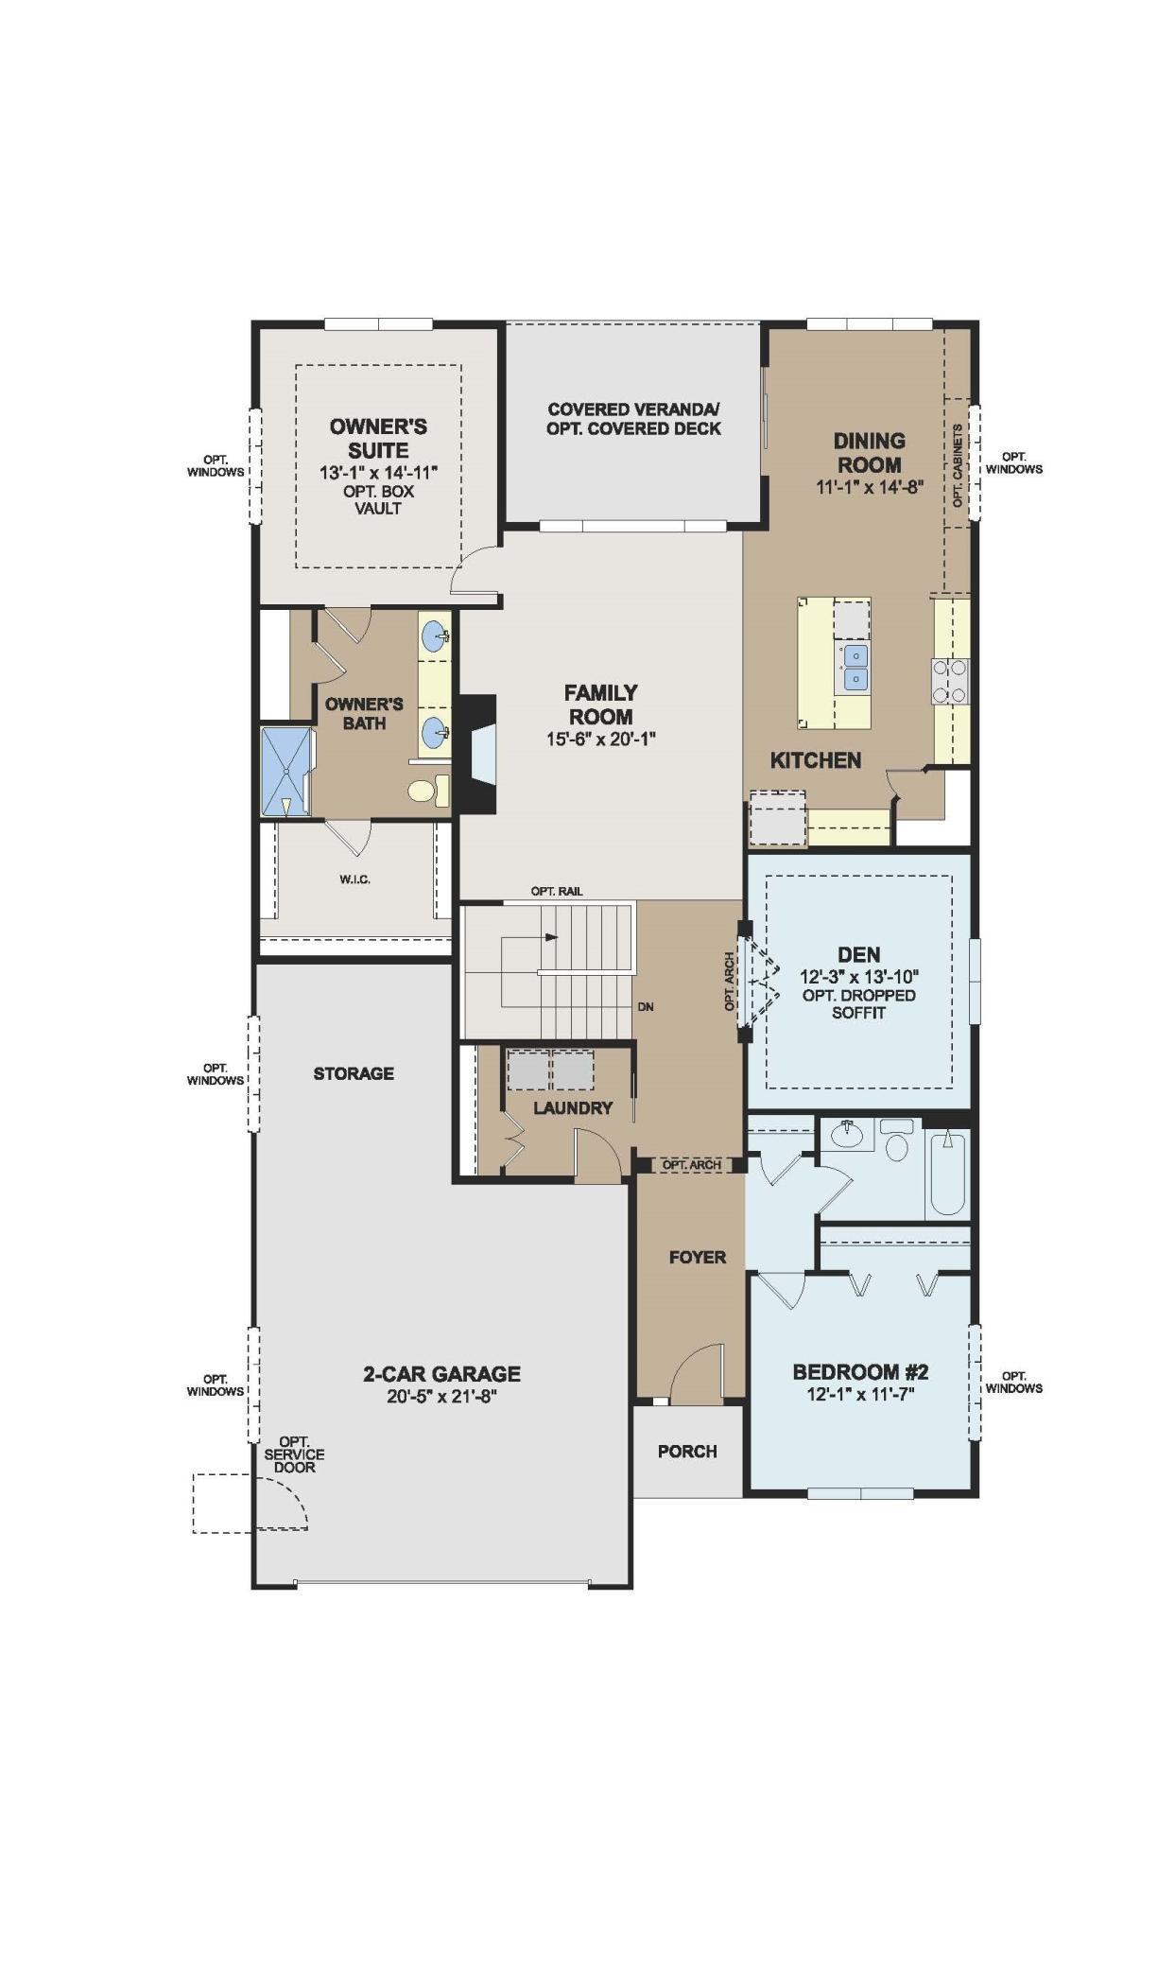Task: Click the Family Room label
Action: (600, 705)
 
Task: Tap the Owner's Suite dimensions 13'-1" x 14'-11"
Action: (378, 471)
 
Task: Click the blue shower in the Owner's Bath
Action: (285, 771)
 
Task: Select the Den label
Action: (858, 955)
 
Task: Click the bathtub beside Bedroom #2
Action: (948, 1173)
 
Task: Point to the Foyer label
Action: (698, 1257)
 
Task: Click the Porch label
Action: (687, 1451)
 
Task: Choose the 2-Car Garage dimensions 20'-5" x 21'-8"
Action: (441, 1397)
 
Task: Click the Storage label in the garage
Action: (354, 1073)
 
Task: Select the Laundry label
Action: (573, 1107)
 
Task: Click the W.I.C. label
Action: (355, 879)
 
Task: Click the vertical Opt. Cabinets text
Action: (957, 465)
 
